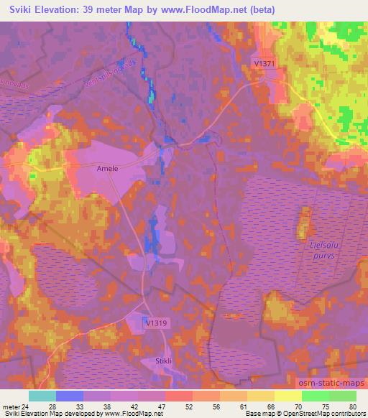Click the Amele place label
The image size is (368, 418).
[107, 167]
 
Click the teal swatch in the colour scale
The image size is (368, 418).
[42, 396]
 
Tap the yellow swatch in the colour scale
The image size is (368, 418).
[287, 396]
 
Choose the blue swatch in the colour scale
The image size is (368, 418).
[69, 396]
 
